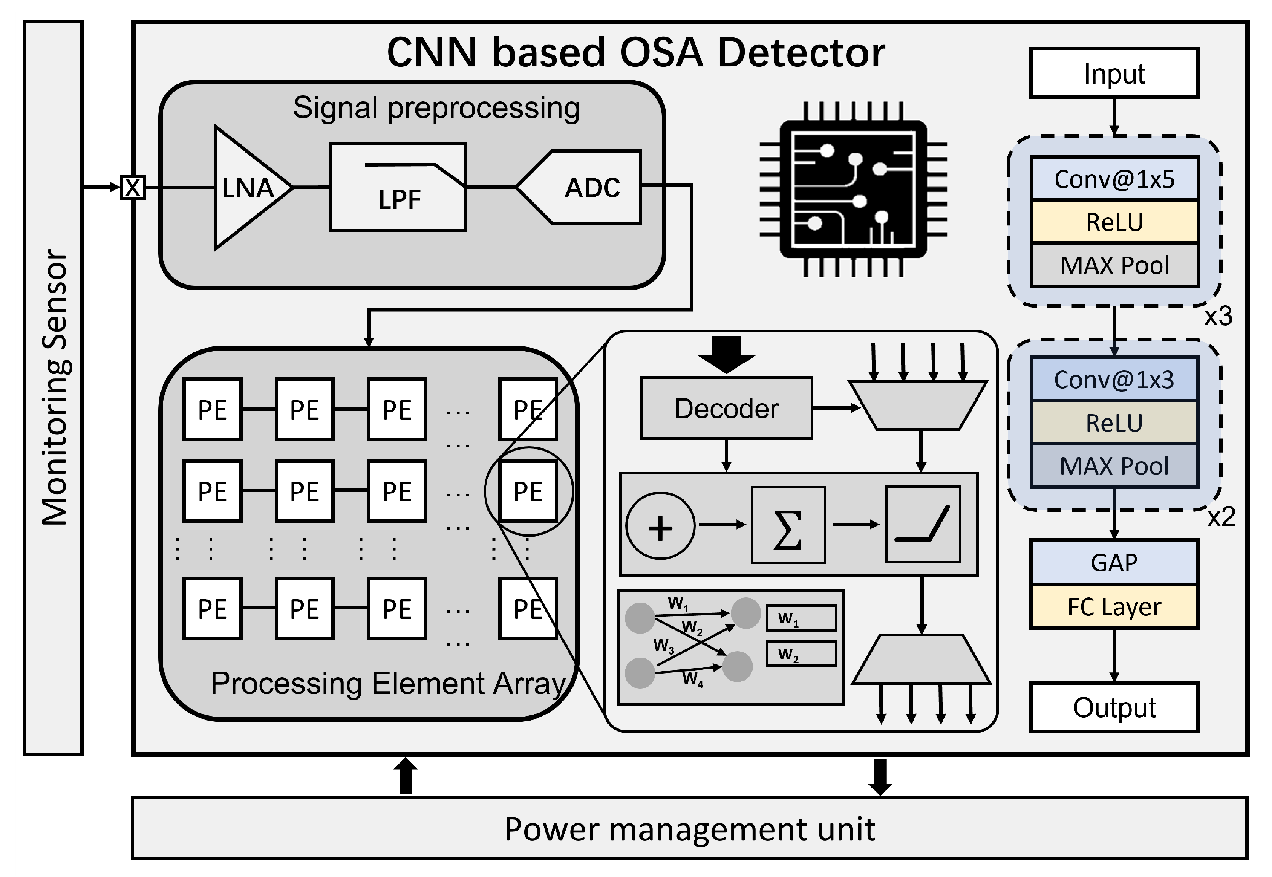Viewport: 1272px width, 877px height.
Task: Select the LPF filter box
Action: point(398,188)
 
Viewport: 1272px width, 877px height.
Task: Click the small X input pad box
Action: point(133,188)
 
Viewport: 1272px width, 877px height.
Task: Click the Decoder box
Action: point(727,408)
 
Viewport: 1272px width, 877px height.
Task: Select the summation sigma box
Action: point(788,525)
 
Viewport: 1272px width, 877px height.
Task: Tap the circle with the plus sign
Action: point(661,526)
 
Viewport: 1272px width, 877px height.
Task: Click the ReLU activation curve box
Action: point(923,524)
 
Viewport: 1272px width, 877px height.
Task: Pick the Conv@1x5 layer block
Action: point(1114,179)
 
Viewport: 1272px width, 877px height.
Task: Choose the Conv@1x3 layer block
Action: point(1114,379)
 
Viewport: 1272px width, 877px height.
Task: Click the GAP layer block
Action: point(1114,562)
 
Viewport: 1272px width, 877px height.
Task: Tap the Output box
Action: point(1114,708)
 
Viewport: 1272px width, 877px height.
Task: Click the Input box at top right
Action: point(1114,73)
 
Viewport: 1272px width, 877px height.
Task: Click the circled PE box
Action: point(528,491)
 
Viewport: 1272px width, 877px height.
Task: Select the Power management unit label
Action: point(689,829)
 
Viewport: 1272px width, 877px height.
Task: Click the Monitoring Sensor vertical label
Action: point(55,387)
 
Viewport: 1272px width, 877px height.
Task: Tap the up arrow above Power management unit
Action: point(406,776)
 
